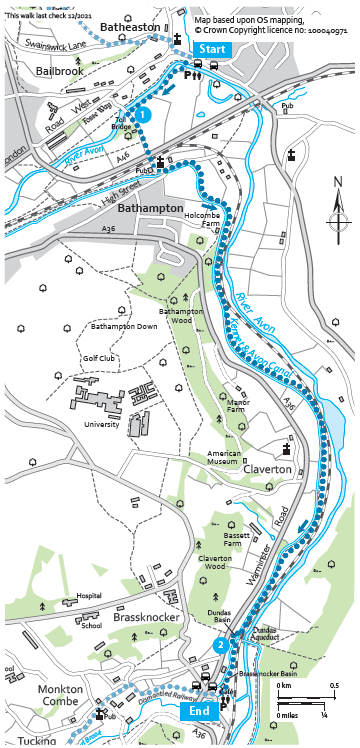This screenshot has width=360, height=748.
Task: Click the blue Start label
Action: (212, 49)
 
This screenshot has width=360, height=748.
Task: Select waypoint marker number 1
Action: (144, 116)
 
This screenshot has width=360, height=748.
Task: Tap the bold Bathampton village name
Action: (150, 208)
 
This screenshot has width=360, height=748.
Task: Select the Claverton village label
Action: (263, 468)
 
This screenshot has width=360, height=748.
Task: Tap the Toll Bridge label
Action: (120, 123)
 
